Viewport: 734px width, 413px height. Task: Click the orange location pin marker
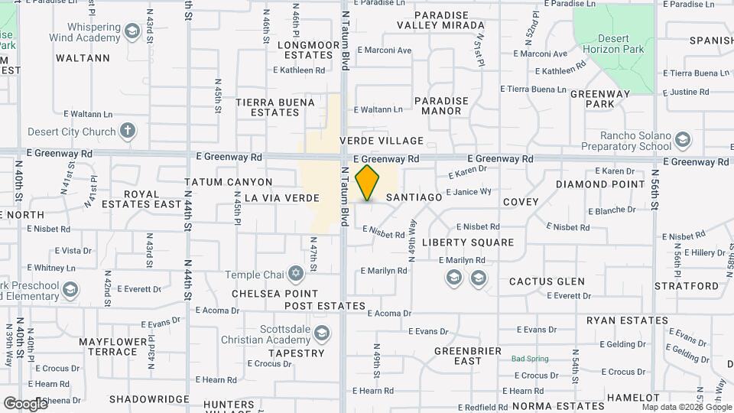368,182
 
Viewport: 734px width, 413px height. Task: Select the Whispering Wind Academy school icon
132,31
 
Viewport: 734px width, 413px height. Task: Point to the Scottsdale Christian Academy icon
322,333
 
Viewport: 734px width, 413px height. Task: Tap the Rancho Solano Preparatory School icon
683,140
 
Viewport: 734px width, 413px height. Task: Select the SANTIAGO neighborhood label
414,197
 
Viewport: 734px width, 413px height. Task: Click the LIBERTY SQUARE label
468,242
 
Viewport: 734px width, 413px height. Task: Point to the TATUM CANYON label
229,182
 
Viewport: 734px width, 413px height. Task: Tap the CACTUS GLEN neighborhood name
547,281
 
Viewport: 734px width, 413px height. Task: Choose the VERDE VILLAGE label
382,141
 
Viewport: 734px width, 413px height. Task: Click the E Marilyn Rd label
384,271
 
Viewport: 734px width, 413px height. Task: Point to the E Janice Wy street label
468,191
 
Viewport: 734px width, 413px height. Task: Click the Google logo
25,403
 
